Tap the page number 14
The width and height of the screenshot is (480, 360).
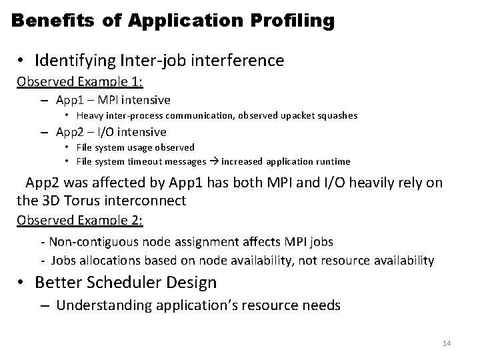tap(447, 343)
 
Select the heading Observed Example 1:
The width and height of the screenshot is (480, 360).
tap(80, 82)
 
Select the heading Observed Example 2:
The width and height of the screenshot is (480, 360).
tap(80, 219)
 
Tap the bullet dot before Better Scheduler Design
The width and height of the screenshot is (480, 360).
tap(22, 283)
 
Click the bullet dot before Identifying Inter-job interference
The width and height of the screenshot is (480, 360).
tap(22, 61)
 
